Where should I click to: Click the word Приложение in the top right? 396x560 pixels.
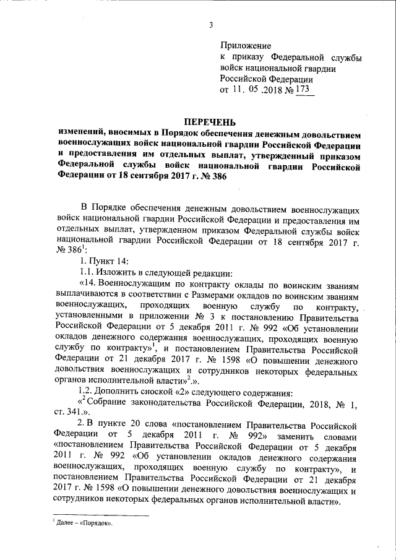click(x=246, y=46)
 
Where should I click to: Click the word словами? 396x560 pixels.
click(x=340, y=437)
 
